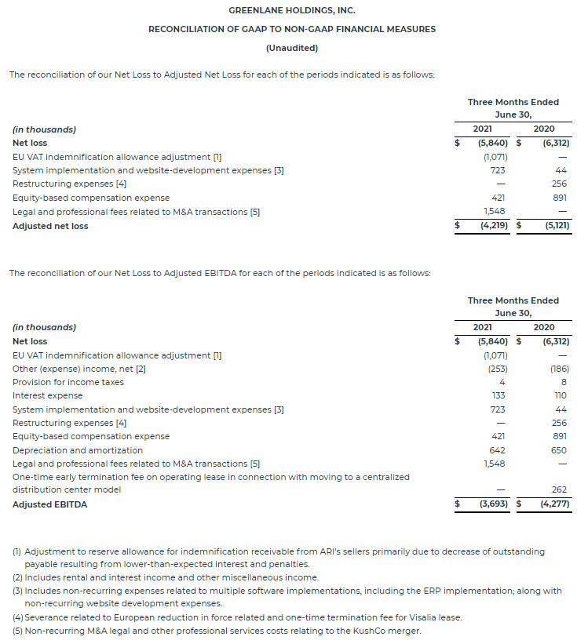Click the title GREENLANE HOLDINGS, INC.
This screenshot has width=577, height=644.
coord(291,10)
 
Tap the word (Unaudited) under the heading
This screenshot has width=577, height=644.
coord(291,48)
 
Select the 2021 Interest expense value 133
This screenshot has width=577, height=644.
coord(498,395)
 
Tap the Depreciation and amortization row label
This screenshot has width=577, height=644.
coord(78,450)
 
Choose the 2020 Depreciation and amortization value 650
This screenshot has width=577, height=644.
coord(557,450)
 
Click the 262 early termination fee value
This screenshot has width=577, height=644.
coord(559,489)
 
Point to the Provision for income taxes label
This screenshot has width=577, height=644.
coord(68,382)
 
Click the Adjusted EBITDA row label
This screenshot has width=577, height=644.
coord(49,504)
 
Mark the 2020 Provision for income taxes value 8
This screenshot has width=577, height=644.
coord(563,382)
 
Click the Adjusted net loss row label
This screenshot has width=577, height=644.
coord(50,226)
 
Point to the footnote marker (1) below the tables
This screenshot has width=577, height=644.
coord(16,551)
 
